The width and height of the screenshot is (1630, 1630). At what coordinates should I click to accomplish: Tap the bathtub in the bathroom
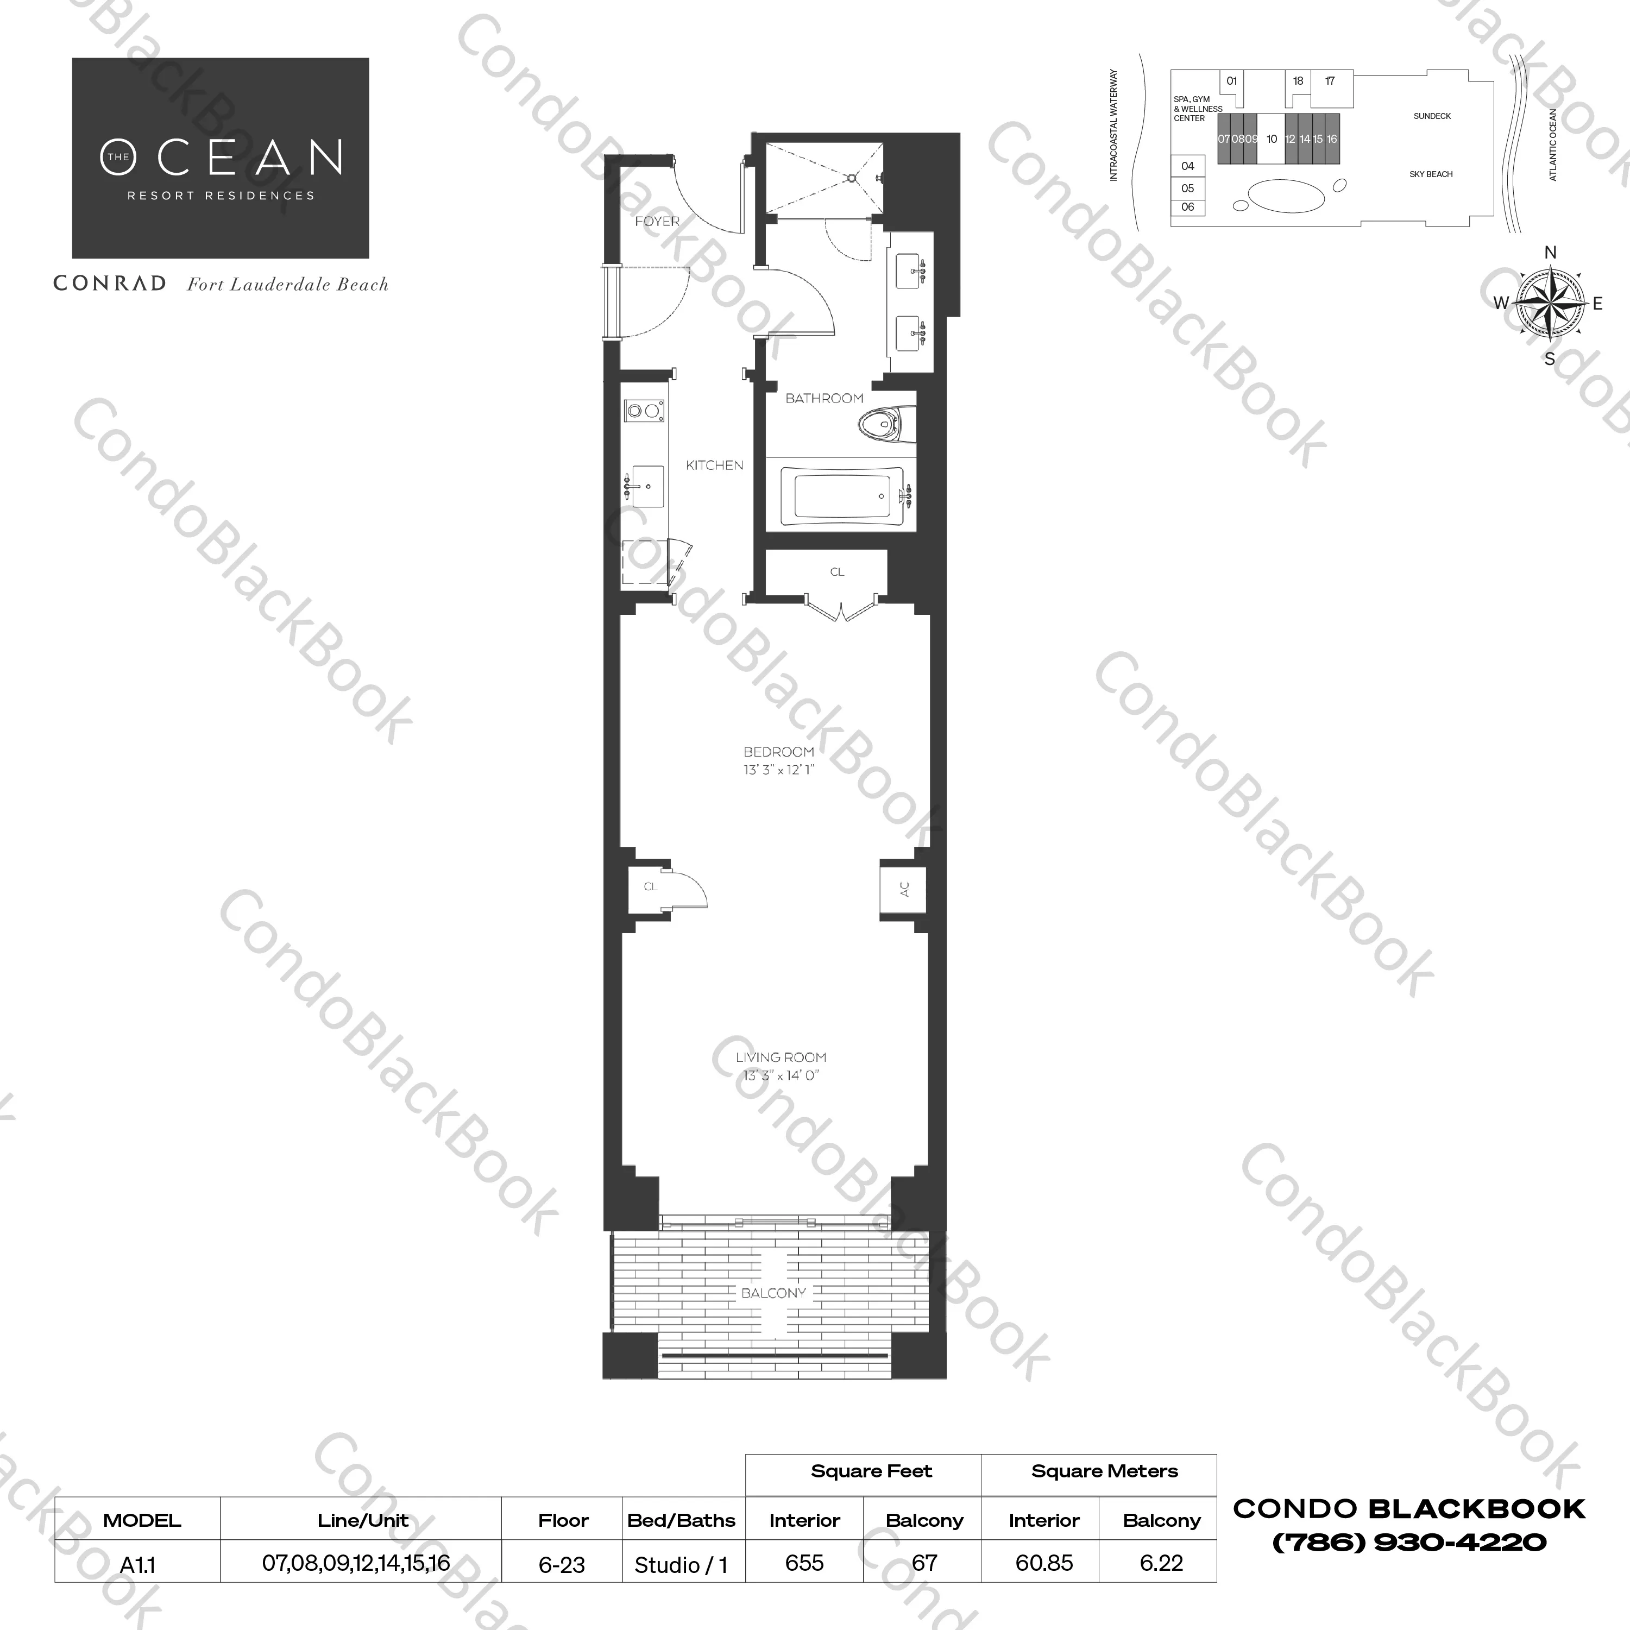click(x=840, y=496)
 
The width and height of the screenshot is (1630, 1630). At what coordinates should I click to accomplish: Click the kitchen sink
click(x=646, y=486)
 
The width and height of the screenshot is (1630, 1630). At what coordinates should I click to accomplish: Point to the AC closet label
click(x=904, y=889)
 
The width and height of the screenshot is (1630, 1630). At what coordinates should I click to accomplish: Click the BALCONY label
click(x=773, y=1293)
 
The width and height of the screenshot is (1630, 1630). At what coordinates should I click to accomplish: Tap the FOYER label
click(x=657, y=221)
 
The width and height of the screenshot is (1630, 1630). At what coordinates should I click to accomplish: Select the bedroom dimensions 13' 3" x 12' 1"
click(x=778, y=770)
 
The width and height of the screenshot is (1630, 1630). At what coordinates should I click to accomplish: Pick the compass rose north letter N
click(x=1550, y=252)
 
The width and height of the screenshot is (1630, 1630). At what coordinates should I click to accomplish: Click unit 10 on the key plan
click(x=1272, y=139)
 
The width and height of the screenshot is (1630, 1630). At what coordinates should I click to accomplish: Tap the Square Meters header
click(x=1104, y=1471)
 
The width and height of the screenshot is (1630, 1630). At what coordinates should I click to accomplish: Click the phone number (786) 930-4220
click(x=1409, y=1543)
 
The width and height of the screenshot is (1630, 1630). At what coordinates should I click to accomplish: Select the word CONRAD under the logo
click(x=110, y=284)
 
